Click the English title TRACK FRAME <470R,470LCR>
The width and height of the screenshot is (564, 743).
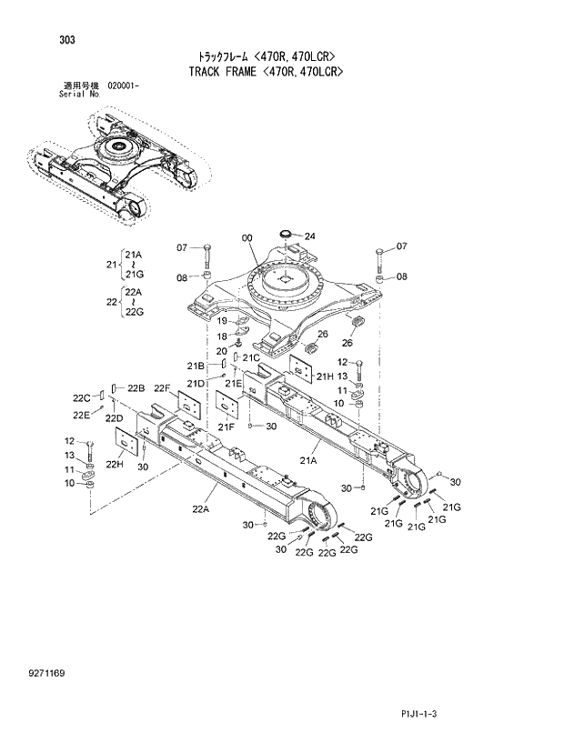[x=270, y=71]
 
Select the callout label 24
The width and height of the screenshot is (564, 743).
[x=309, y=236]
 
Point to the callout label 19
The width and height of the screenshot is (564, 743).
[x=221, y=321]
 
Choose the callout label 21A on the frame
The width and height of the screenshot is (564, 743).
[x=308, y=461]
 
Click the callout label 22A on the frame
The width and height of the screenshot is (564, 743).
[x=200, y=509]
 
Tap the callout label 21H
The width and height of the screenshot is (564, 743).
[x=324, y=376]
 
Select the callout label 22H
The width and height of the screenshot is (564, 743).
[x=115, y=464]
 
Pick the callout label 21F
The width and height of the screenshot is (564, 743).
[x=226, y=426]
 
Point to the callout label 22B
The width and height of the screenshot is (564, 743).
[x=136, y=388]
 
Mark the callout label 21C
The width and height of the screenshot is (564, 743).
[x=251, y=357]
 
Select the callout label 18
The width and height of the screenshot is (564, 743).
[x=221, y=336]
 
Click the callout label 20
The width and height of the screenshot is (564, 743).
[x=221, y=351]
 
